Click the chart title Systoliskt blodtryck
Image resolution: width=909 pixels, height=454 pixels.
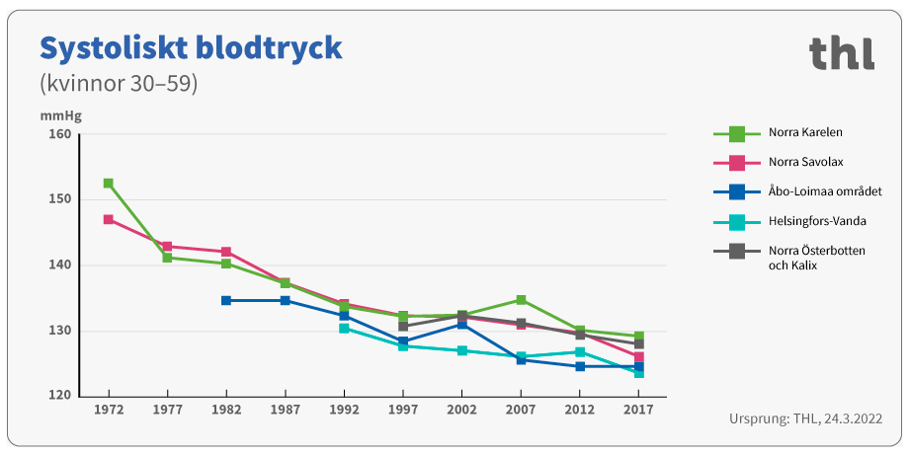point(190,47)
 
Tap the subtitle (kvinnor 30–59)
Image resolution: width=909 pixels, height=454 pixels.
point(119,84)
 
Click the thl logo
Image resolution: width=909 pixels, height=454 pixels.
point(841,53)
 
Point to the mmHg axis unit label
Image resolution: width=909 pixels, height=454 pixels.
point(60,114)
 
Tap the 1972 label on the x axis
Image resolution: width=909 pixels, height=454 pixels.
point(108,409)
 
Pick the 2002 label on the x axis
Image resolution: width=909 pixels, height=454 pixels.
point(461,409)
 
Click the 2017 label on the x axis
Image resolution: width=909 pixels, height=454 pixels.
point(638,409)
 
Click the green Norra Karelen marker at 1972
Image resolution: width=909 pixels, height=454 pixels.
point(108,184)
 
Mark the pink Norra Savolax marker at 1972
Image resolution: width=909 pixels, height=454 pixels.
point(108,219)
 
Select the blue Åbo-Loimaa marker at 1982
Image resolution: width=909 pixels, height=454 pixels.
point(226,300)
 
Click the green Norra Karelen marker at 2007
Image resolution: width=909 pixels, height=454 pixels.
point(521,300)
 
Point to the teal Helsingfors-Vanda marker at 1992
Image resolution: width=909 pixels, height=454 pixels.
point(344,328)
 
